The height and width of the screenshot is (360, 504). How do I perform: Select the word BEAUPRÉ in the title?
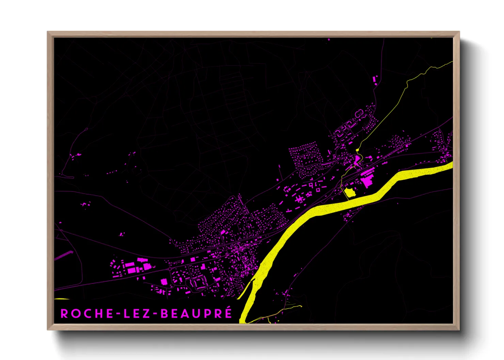pyautogui.click(x=196, y=314)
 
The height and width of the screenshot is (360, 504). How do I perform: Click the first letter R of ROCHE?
pyautogui.click(x=64, y=314)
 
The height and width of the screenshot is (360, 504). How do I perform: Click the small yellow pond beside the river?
pyautogui.click(x=350, y=193)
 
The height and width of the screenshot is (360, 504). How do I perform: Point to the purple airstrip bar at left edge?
pyautogui.click(x=64, y=256)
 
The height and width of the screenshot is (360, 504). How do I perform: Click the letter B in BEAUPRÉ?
pyautogui.click(x=165, y=314)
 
